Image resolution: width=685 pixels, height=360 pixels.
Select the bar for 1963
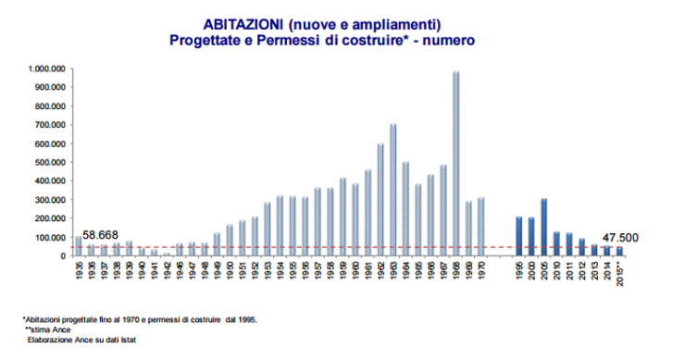(392, 190)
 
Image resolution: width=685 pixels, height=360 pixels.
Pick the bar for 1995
(518, 236)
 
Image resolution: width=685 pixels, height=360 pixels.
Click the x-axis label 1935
(78, 271)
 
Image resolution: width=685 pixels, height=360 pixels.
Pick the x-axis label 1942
(166, 271)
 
